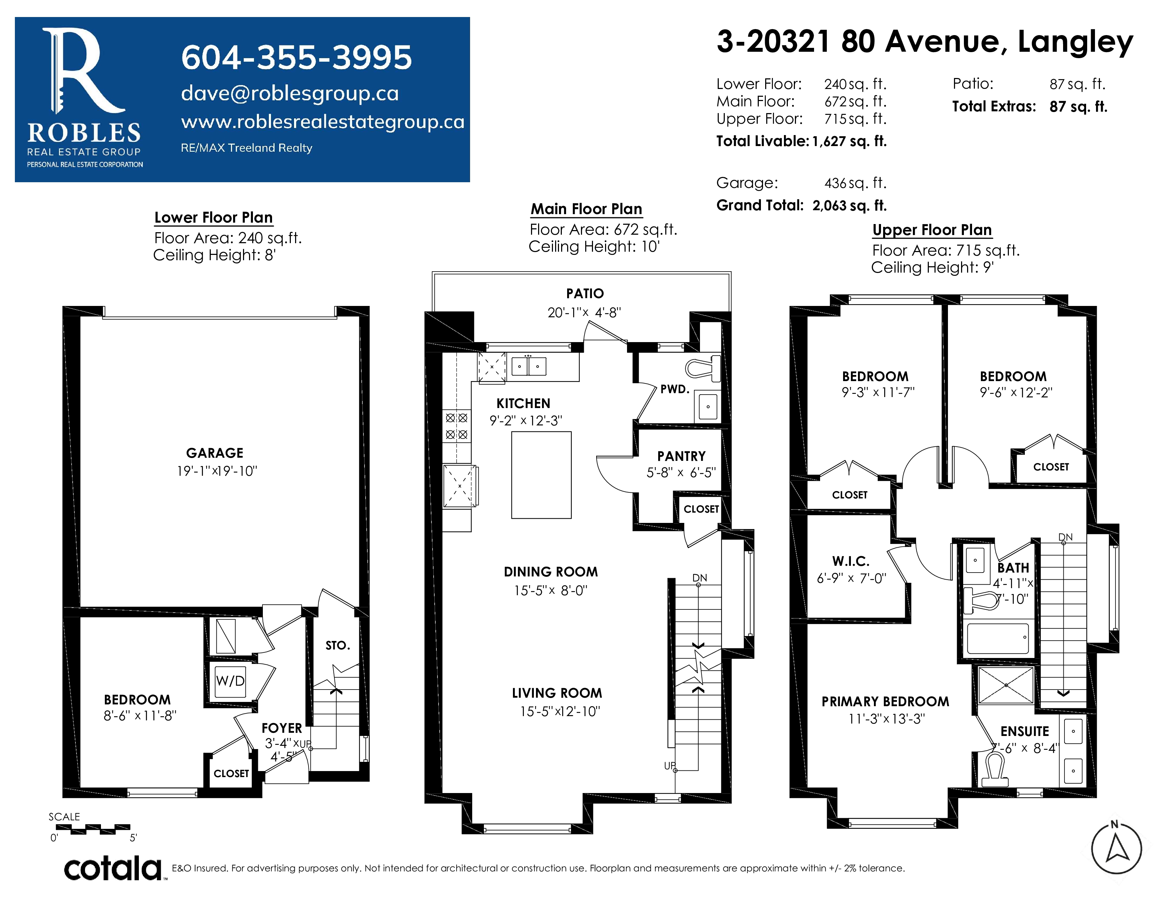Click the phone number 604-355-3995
(x=297, y=57)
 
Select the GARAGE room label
(x=215, y=453)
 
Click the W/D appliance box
(x=230, y=681)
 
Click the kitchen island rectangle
(x=541, y=475)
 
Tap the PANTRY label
(x=681, y=456)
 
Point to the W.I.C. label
(x=851, y=561)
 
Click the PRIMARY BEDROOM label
(x=885, y=702)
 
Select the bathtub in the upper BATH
(x=998, y=638)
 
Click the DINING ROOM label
(x=551, y=572)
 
